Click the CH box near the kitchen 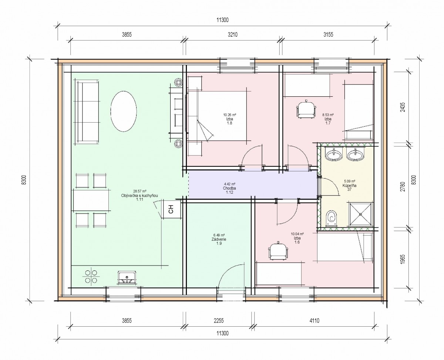point(171,209)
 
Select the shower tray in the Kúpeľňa point(360,214)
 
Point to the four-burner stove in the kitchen point(91,276)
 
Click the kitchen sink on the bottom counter point(127,277)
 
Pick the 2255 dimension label point(219,320)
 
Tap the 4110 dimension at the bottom point(314,320)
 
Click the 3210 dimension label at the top point(233,34)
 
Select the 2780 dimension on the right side point(403,187)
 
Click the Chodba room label point(229,188)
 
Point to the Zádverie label point(219,239)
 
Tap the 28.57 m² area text point(139,191)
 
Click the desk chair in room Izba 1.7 point(306,110)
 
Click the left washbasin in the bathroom point(334,155)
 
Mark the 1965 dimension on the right point(403,259)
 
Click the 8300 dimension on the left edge point(24,180)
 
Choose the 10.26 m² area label point(229,115)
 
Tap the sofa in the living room point(87,112)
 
